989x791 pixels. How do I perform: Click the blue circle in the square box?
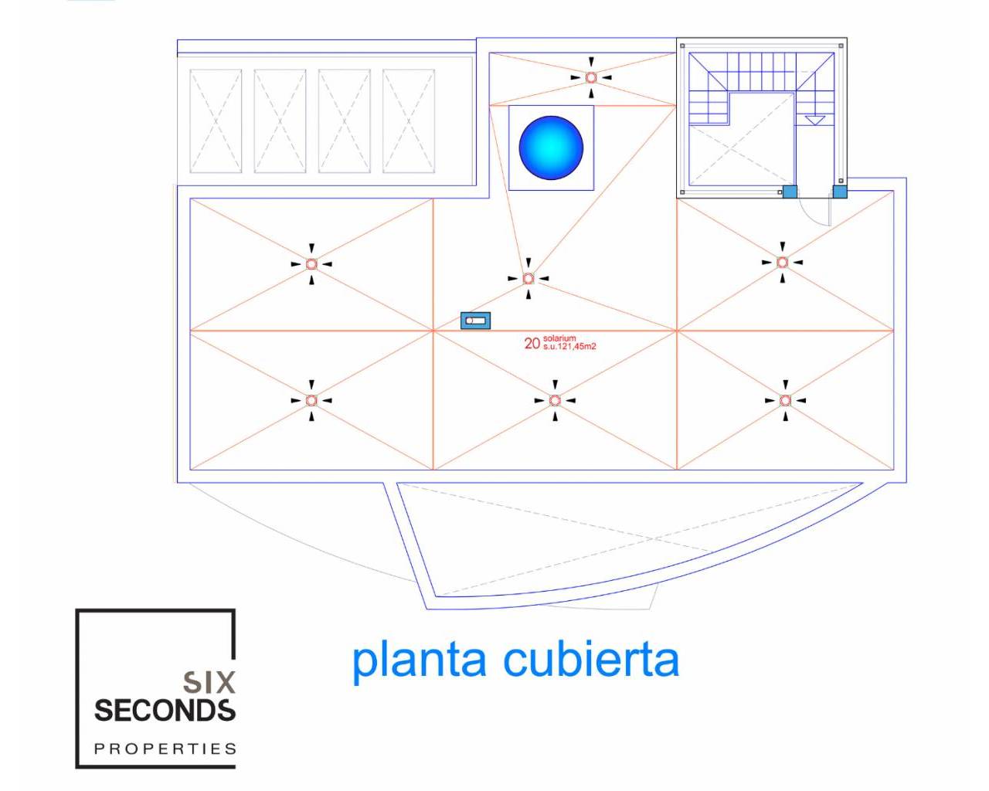[x=551, y=148]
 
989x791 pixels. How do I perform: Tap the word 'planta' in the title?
[x=420, y=660]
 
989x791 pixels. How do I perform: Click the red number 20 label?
[x=532, y=344]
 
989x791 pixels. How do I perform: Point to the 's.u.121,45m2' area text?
[x=569, y=347]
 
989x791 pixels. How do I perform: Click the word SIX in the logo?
[x=209, y=682]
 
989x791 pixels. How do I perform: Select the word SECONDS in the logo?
[x=165, y=710]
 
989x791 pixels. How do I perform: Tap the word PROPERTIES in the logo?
[x=165, y=749]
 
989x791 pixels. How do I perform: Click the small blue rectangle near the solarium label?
[x=475, y=320]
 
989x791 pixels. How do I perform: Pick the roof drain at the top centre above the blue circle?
[x=591, y=77]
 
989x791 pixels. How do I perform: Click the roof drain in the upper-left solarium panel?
[x=311, y=264]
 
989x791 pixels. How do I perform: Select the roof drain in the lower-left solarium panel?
[x=311, y=400]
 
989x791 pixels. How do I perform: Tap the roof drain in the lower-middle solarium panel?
[x=555, y=400]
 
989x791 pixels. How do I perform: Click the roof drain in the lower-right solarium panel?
[x=785, y=400]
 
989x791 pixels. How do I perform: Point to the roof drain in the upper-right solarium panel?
[x=782, y=263]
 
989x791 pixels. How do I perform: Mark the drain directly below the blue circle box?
[x=528, y=278]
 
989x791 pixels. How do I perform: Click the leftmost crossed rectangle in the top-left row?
[x=216, y=121]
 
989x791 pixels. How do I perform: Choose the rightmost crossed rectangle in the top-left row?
[x=409, y=121]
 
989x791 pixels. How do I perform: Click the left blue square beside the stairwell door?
[x=790, y=192]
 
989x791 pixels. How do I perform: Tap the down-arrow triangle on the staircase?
[x=815, y=121]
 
